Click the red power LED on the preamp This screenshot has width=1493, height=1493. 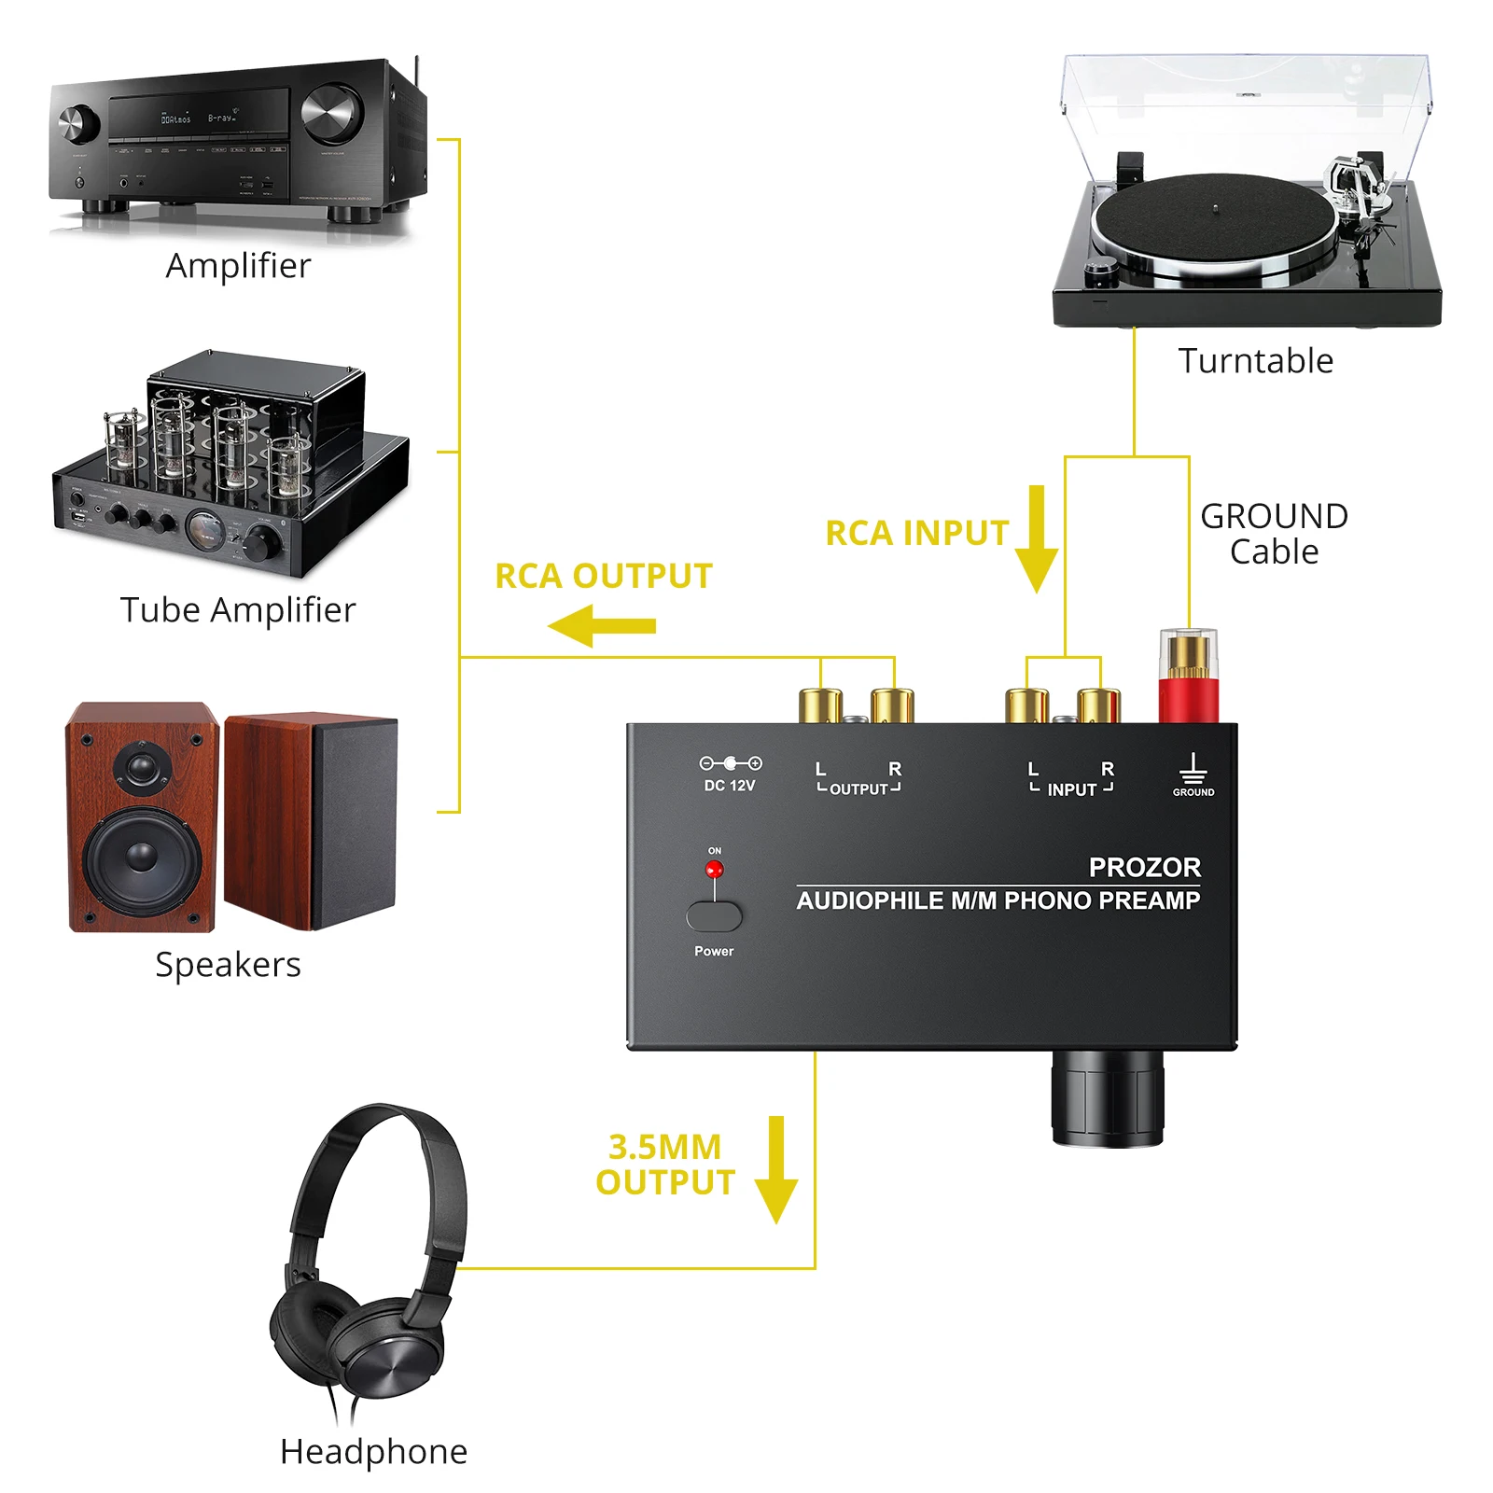click(714, 870)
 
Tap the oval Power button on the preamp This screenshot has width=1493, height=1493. click(714, 916)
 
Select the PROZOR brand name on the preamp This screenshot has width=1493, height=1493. click(1144, 867)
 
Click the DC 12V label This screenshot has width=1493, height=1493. click(729, 786)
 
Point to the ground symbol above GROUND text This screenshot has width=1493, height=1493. click(1193, 769)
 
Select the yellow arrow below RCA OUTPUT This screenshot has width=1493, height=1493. click(602, 625)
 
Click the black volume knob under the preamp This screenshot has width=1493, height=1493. click(1108, 1098)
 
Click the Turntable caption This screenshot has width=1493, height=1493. click(1255, 361)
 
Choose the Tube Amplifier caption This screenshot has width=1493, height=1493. click(238, 610)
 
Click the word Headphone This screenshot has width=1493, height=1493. click(373, 1451)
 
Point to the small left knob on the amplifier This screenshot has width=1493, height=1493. click(79, 122)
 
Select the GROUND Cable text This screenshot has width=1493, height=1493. click(1274, 534)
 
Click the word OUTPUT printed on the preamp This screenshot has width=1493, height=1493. click(858, 789)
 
